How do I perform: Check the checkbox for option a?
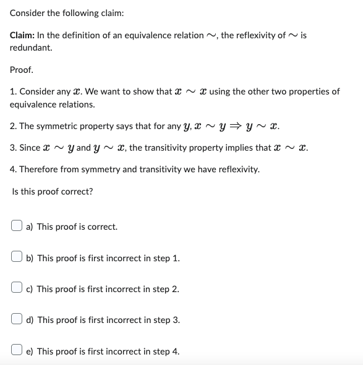point(17,227)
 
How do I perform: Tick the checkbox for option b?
point(17,258)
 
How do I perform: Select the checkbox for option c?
point(17,289)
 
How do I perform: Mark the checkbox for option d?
point(17,320)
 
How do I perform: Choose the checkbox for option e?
point(17,351)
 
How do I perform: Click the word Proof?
point(22,70)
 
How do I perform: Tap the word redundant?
point(31,48)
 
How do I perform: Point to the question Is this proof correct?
point(53,191)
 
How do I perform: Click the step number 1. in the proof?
point(14,91)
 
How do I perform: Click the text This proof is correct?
point(77,227)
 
